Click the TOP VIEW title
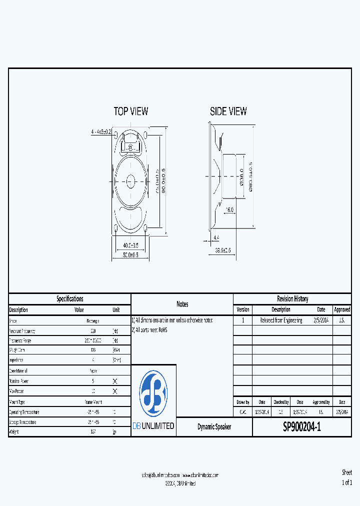(131, 111)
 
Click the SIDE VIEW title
(228, 111)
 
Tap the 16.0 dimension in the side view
(230, 210)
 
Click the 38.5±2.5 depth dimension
(223, 250)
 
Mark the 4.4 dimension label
(216, 237)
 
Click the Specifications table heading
(69, 299)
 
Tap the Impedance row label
(18, 360)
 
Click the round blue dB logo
(153, 394)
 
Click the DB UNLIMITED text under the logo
(153, 426)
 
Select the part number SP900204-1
(302, 427)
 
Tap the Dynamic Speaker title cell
(214, 427)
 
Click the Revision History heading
(292, 299)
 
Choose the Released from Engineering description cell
(281, 320)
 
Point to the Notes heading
(182, 304)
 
